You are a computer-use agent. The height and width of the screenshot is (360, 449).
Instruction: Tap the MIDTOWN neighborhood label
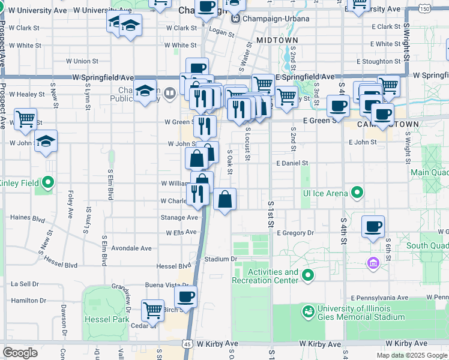point(277,40)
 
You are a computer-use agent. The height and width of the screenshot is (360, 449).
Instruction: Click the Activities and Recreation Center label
point(265,276)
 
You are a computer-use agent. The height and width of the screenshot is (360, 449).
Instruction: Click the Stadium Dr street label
point(221,259)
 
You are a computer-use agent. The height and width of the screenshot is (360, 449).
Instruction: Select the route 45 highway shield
point(188,344)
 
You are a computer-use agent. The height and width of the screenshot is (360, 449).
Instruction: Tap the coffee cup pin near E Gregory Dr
point(373,226)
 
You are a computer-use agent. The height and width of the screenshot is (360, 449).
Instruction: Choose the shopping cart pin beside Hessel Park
point(153,310)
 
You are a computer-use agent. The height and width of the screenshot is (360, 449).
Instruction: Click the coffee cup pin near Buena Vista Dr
point(185,296)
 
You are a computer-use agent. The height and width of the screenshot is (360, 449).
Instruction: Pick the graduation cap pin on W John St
point(46,142)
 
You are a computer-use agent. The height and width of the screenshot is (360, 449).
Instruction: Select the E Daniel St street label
point(292,163)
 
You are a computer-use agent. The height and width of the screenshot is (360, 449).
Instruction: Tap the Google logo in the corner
point(20,353)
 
